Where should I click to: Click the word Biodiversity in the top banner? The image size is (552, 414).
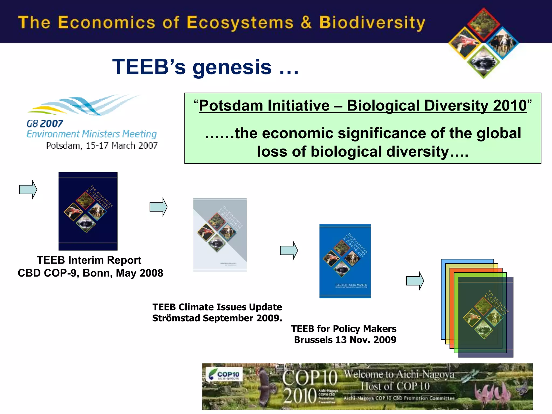(x=372, y=23)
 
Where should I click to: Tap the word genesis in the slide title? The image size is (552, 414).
(x=232, y=67)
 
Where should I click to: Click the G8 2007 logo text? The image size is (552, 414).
(x=45, y=124)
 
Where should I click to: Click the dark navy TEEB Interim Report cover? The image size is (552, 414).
(x=88, y=211)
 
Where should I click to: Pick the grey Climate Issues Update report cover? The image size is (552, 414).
(x=220, y=235)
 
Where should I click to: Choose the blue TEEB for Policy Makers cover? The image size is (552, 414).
(x=345, y=261)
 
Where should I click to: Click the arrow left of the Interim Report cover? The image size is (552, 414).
(x=28, y=189)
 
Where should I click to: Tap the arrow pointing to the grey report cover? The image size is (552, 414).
(x=158, y=207)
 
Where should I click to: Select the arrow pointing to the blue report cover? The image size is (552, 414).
(x=289, y=250)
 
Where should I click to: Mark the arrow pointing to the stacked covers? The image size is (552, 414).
(x=415, y=281)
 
